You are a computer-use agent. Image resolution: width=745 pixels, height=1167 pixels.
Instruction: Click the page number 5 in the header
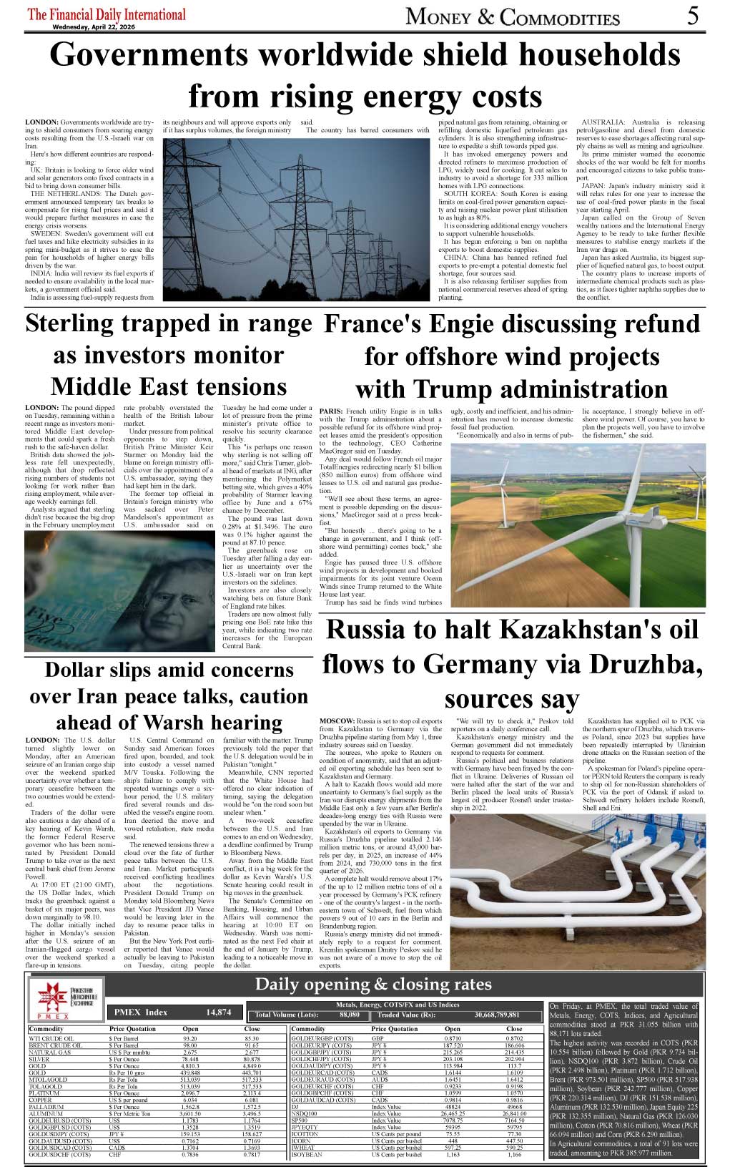[692, 16]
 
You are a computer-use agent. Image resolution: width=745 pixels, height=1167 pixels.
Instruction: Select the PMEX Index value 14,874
[218, 1012]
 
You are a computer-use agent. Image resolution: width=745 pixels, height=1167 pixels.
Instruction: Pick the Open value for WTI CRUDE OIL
[190, 1038]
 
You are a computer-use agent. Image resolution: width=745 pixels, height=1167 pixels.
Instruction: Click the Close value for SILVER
[252, 1060]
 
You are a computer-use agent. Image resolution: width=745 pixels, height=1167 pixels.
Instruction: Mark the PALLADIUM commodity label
[46, 1107]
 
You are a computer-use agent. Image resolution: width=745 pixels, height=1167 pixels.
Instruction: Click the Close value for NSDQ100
[514, 1114]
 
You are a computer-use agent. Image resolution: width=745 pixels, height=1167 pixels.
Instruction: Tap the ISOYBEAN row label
[307, 1155]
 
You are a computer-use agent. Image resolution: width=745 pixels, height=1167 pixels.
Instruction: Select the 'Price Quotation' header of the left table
[133, 1029]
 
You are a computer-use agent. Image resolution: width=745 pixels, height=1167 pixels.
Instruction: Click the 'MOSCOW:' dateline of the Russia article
[337, 721]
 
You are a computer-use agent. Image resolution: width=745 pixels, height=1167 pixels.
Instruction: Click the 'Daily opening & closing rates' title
[373, 984]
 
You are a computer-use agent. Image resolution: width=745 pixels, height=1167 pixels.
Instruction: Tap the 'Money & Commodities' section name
[512, 16]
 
